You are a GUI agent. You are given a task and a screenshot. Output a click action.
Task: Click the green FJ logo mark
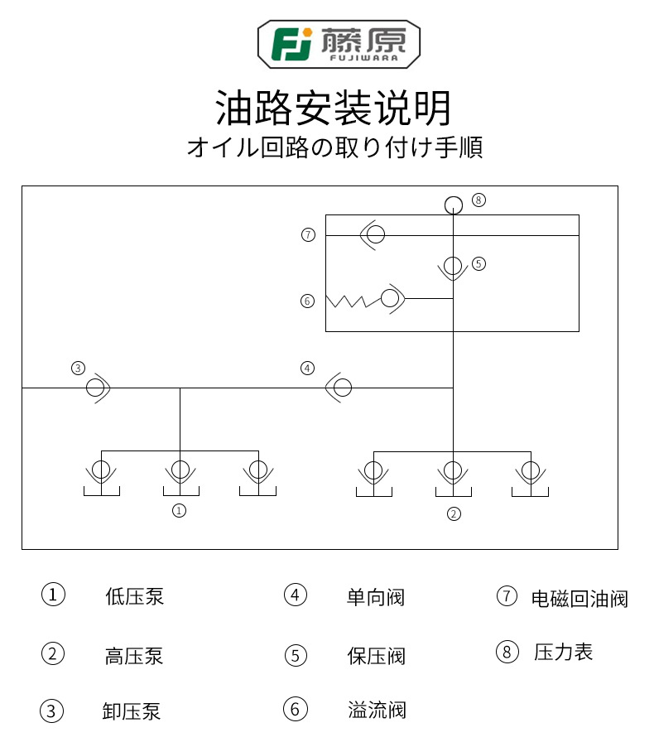coord(291,44)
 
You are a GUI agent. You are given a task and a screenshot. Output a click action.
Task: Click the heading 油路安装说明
coord(333,108)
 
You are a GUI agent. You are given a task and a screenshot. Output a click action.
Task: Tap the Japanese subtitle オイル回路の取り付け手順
coord(334,147)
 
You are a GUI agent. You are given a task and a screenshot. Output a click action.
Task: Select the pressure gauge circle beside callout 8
coord(454,205)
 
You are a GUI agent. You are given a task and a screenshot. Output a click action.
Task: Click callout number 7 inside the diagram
coord(308,234)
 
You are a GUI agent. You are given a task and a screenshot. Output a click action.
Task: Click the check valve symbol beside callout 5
coord(453,267)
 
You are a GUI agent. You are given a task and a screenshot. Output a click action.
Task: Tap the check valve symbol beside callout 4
coord(339,388)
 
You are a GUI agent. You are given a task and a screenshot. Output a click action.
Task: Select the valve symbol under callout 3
coord(98,388)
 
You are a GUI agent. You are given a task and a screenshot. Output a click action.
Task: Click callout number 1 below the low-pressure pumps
coord(179,511)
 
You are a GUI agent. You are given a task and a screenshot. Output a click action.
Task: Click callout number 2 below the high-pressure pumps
coord(454,514)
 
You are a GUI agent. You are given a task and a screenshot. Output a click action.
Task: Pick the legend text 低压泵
coord(134,596)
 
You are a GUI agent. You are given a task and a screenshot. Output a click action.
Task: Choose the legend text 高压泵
coord(134,656)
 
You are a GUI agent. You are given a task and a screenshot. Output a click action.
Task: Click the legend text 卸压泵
coord(132,711)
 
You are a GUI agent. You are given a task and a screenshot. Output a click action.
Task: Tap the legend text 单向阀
coord(376,597)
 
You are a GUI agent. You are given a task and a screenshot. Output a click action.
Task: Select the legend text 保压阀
coord(376,656)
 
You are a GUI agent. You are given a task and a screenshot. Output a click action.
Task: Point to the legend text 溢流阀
coord(377,710)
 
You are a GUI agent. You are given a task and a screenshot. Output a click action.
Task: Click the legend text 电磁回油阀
coord(579,599)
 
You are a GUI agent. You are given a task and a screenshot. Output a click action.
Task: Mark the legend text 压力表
coord(563,652)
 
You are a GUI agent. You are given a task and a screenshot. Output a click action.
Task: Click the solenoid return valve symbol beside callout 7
coord(373,234)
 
